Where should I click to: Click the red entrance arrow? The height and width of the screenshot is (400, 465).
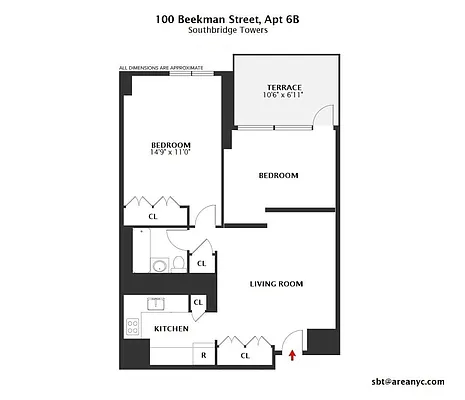click(x=292, y=353)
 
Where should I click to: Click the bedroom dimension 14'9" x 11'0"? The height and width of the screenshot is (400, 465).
click(x=167, y=152)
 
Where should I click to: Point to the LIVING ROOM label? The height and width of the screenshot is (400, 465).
click(x=276, y=284)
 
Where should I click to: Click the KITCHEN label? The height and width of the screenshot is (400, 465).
click(x=170, y=328)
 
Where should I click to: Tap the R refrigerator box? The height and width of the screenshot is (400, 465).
click(x=204, y=354)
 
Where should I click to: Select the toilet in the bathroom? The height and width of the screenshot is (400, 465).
click(x=178, y=264)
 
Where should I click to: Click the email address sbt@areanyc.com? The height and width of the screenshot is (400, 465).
click(x=408, y=381)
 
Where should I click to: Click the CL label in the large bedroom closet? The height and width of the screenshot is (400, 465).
click(x=153, y=215)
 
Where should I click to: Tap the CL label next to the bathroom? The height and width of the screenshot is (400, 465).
click(x=201, y=263)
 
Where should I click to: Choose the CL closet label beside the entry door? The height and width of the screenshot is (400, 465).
click(x=245, y=354)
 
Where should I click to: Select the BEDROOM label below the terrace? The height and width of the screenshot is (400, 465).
click(x=278, y=176)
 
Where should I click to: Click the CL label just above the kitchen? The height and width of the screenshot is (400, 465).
click(x=198, y=302)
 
